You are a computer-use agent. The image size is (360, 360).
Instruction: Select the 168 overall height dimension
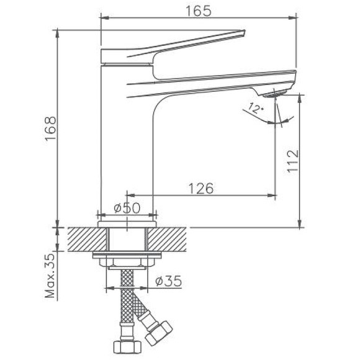[x=50, y=128]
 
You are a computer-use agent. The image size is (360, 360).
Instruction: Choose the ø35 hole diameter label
[x=168, y=281]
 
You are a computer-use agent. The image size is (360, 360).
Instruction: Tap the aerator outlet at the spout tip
[x=275, y=94]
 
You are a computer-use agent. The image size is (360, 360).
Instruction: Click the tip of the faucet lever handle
[x=245, y=34]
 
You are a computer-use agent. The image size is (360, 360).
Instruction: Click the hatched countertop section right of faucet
[x=168, y=239]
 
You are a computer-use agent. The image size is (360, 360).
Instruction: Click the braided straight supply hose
[x=125, y=304]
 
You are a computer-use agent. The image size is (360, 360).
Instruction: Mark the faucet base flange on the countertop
[x=127, y=220]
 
